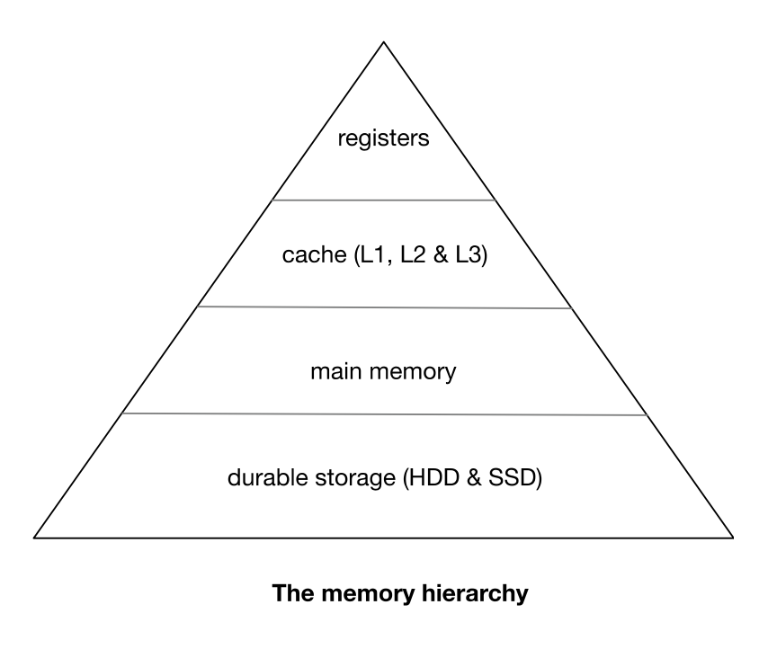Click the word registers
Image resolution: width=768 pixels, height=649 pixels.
point(384,140)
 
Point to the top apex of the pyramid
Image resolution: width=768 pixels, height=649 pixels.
point(384,41)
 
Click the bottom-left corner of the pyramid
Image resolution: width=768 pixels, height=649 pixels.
point(35,538)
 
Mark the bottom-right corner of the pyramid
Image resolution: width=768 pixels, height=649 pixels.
point(732,538)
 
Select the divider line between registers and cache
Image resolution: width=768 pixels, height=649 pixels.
point(384,200)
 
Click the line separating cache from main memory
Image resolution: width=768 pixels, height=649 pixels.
point(384,307)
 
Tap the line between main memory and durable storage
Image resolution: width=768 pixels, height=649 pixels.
point(384,414)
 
